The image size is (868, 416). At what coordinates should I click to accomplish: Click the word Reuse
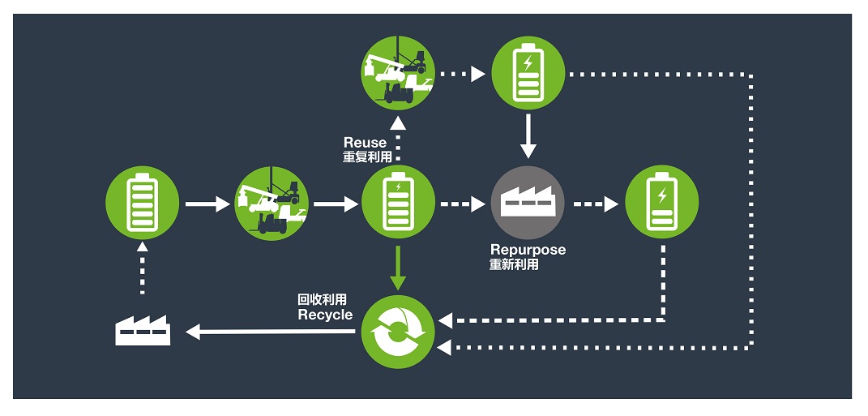tap(365, 143)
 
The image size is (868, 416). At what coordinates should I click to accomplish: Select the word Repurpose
tap(528, 250)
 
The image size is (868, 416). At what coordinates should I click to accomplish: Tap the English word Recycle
tap(325, 315)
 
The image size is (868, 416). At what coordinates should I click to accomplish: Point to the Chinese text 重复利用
tap(367, 157)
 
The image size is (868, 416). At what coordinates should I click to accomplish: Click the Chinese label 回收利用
tap(323, 300)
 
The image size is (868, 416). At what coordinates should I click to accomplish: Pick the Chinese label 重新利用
tap(514, 264)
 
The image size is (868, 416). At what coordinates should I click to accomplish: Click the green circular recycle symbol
tap(398, 332)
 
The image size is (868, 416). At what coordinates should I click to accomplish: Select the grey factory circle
tap(528, 203)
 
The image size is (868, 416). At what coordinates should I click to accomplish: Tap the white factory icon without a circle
tap(143, 330)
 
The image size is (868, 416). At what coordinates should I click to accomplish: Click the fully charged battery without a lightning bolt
tap(143, 203)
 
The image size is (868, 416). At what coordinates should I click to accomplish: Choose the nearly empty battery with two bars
tap(661, 202)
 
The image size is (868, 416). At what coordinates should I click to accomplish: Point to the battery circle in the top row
tap(528, 73)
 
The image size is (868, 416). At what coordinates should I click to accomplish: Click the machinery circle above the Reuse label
tap(398, 73)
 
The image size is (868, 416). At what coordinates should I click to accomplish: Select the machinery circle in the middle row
tap(272, 204)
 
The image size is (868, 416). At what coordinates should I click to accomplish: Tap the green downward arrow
tap(398, 268)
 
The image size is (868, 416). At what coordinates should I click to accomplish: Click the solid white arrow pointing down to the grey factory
tap(528, 136)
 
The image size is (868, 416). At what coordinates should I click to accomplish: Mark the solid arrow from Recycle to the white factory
tap(270, 332)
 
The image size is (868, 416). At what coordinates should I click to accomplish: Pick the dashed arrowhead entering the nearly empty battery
tap(611, 204)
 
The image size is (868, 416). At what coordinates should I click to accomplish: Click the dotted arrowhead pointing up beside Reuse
tap(398, 123)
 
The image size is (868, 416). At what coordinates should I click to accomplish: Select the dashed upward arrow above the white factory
tap(143, 268)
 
